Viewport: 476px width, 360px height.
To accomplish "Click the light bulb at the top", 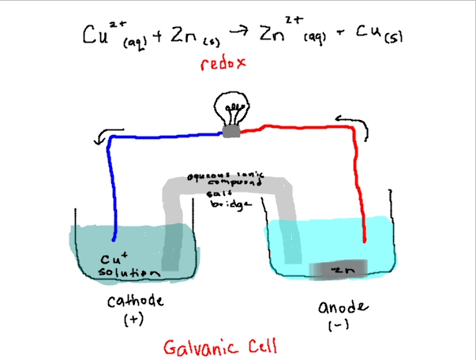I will point(234,109).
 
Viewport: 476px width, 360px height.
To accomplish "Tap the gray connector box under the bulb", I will point(231,132).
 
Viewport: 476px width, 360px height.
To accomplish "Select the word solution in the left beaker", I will point(122,272).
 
